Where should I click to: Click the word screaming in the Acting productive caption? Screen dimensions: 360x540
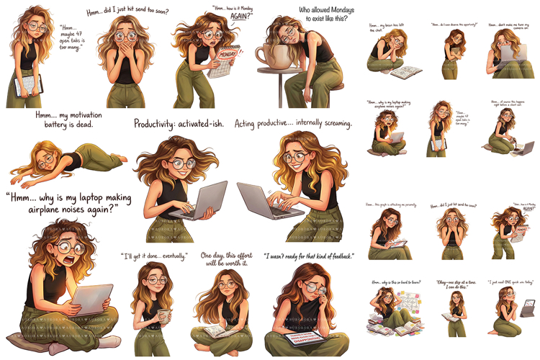[330, 124]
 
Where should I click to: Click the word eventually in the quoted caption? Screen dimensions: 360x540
[170, 256]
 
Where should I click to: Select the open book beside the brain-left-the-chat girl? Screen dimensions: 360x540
[410, 71]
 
